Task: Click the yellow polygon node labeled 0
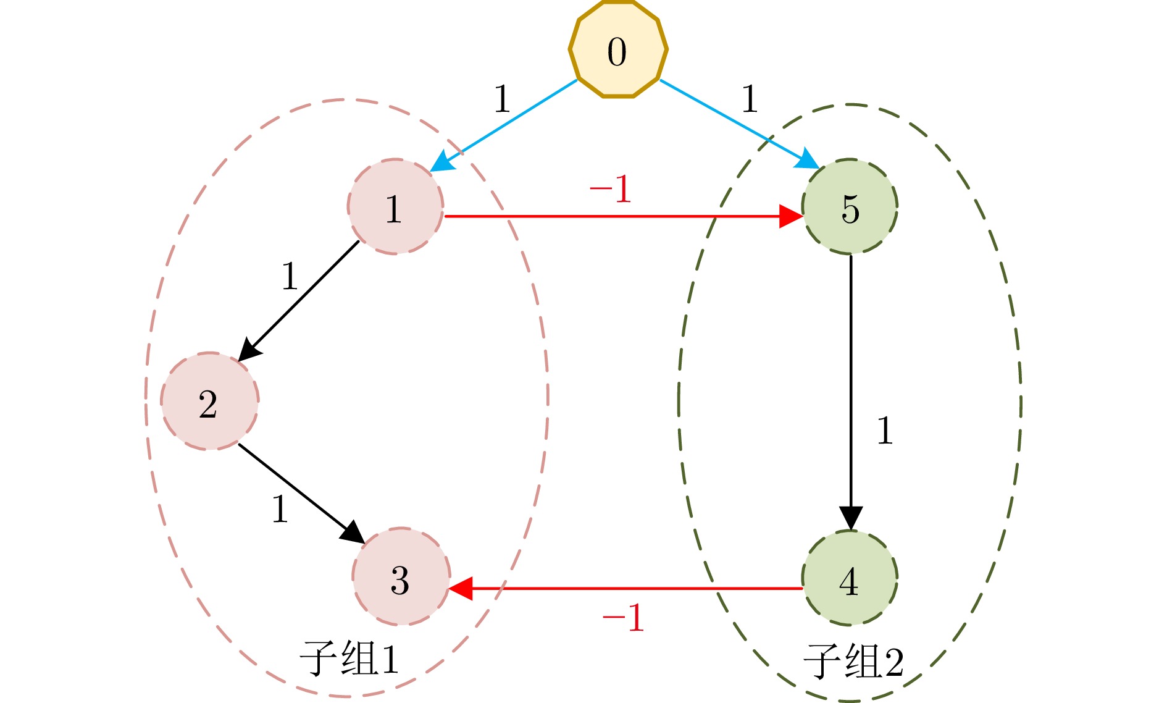click(x=617, y=49)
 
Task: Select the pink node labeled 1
click(x=395, y=207)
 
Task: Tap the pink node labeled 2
click(x=209, y=402)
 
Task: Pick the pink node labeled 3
click(x=401, y=576)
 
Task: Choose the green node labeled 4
click(x=850, y=578)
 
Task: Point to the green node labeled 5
click(x=850, y=207)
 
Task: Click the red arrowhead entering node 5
click(x=790, y=216)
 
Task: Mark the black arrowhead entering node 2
click(x=249, y=350)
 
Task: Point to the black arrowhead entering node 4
click(x=850, y=518)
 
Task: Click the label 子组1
click(x=349, y=659)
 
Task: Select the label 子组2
click(x=853, y=661)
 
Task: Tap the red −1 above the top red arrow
click(x=610, y=188)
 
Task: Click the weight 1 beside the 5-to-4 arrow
click(x=885, y=431)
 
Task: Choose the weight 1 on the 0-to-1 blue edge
click(x=502, y=99)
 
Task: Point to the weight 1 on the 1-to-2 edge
click(x=290, y=276)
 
